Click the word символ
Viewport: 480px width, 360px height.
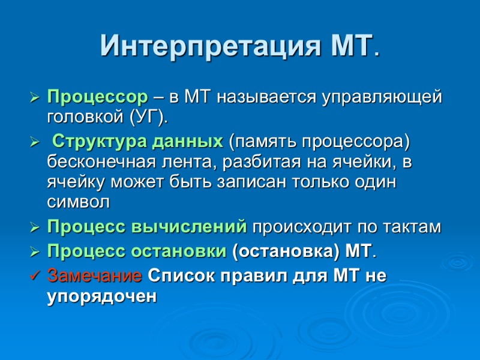click(x=78, y=202)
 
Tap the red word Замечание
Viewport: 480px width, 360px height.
click(x=95, y=277)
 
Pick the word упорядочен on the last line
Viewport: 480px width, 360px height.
click(x=101, y=296)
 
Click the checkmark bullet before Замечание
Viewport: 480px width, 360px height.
click(x=34, y=277)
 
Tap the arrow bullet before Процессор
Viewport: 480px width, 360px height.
click(x=34, y=97)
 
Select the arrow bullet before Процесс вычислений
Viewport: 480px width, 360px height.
click(x=34, y=228)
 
